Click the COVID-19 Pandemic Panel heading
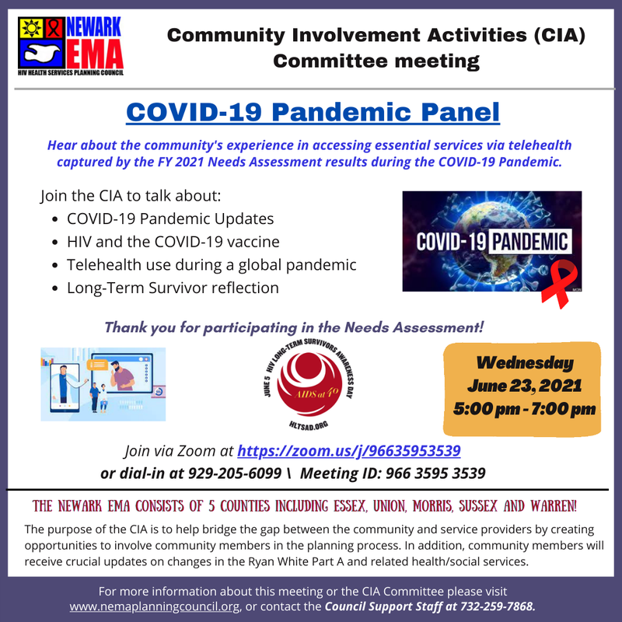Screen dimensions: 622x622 313,113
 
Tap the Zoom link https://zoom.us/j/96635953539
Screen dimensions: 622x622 349,450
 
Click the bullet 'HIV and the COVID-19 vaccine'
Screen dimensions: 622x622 173,242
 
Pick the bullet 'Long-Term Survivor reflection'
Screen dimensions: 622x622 173,287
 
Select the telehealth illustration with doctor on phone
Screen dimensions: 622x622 103,383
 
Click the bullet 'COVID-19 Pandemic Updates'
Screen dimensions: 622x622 170,219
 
